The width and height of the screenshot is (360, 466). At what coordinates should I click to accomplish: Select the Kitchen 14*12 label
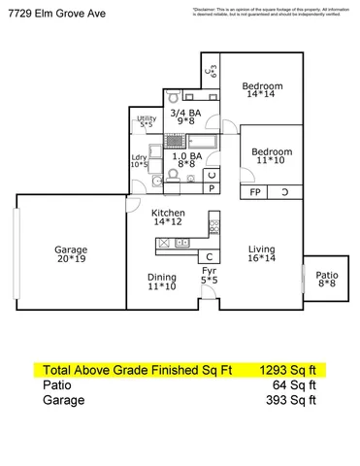coord(168,217)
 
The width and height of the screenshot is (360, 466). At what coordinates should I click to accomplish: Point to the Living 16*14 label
coord(261,253)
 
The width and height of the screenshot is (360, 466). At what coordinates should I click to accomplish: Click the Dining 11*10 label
coord(161,282)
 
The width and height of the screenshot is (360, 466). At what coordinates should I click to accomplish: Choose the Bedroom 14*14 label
coord(262,90)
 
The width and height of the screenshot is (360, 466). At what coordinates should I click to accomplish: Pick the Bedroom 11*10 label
coord(272,156)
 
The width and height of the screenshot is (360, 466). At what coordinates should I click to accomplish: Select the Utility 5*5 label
coord(147,121)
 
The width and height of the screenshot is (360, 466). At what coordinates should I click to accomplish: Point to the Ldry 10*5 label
coord(140,160)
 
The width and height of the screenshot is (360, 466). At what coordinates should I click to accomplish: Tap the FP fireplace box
coord(255,192)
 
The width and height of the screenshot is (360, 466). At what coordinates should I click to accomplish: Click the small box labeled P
coord(213,189)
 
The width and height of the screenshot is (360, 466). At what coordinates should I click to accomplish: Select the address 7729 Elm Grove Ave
coord(51,10)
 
